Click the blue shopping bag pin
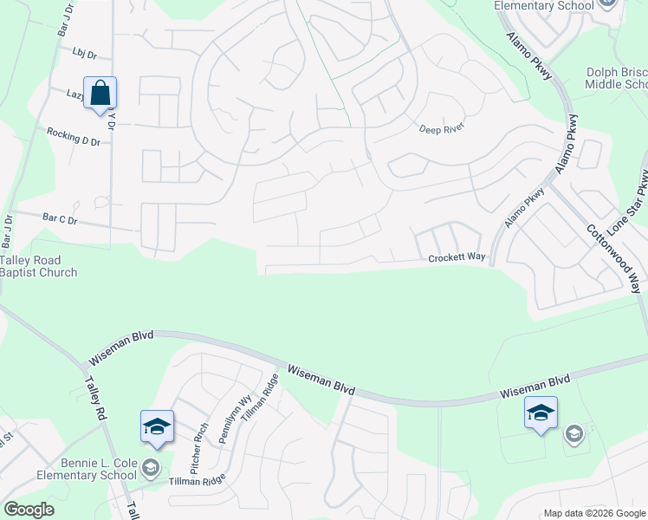tap(100, 93)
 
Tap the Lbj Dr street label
tap(84, 55)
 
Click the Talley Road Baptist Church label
tap(38, 266)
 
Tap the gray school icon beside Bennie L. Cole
tap(152, 469)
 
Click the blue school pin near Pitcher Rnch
tap(158, 426)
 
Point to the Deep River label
tap(443, 127)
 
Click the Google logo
tap(29, 510)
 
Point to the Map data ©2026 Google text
tap(593, 513)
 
